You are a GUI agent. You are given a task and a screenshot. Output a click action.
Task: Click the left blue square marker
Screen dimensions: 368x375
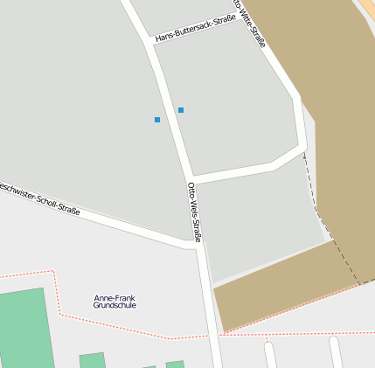point(157,119)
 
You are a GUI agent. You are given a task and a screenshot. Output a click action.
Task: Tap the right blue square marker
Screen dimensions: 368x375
point(181,110)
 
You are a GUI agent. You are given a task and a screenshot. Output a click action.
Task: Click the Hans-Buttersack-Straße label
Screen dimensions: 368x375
point(195,29)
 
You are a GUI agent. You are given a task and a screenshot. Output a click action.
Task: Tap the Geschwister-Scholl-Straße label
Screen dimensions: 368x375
point(39,198)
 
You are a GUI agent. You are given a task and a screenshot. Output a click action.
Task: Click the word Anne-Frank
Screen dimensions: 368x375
point(115,298)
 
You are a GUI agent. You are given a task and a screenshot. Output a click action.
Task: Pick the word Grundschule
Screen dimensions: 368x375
point(115,306)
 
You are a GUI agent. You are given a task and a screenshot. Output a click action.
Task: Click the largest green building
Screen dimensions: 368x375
point(22,328)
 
